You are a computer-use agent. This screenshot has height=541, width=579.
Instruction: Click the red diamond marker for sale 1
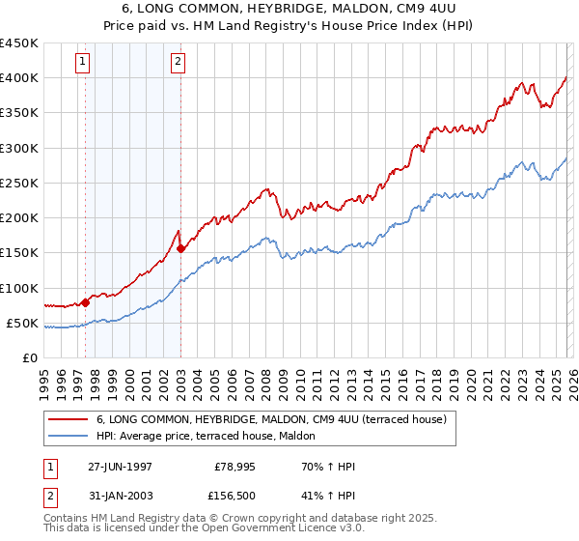point(86,302)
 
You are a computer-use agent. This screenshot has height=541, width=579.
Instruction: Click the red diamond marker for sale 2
point(181,248)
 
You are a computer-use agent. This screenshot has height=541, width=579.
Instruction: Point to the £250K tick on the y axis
point(20,184)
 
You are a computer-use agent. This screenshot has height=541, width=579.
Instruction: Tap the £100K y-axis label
point(20,288)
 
